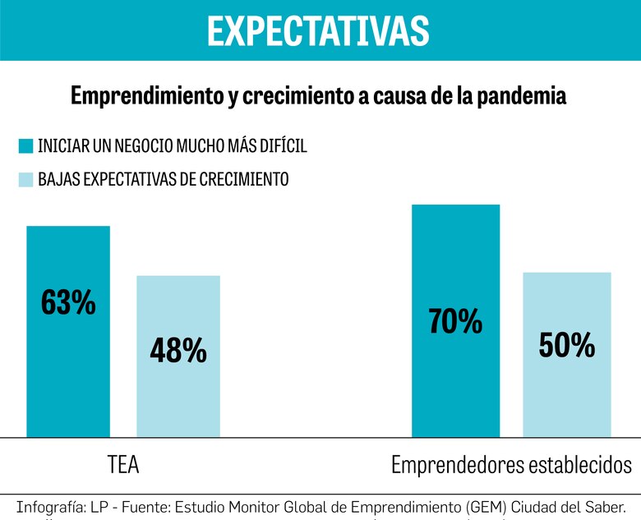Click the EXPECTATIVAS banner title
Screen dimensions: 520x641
[318, 31]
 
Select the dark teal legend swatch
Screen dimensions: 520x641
[25, 146]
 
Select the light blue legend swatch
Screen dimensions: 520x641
[25, 179]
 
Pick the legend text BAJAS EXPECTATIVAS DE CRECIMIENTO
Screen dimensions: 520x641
[163, 179]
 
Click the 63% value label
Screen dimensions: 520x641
[68, 303]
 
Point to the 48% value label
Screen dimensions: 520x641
[178, 351]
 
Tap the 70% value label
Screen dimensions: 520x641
[455, 320]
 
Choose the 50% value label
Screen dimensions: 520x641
[567, 346]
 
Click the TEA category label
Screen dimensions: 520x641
[123, 465]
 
